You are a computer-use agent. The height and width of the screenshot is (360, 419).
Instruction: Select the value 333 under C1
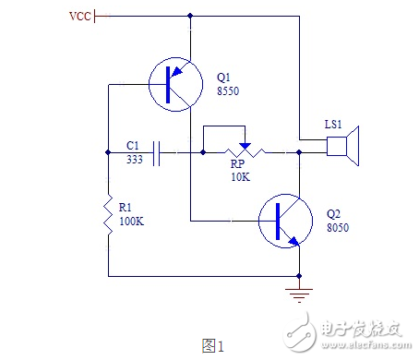point(135,159)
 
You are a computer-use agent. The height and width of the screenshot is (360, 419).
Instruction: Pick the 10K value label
point(239,176)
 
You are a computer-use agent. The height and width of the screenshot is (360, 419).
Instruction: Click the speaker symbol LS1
point(344,148)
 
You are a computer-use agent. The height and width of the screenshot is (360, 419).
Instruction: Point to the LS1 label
point(335,124)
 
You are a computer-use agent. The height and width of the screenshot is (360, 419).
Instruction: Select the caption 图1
point(213,345)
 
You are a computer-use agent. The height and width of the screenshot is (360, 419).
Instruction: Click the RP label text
point(236,163)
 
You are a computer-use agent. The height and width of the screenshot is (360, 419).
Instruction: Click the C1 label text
point(132,145)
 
